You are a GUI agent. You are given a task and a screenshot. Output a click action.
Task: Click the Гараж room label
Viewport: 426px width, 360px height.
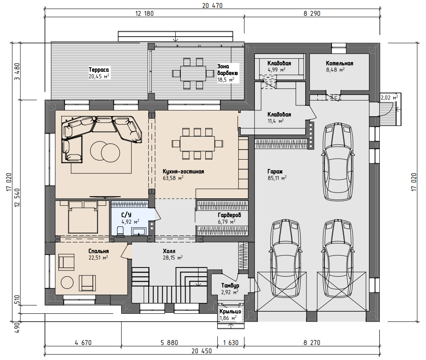[x=275, y=172]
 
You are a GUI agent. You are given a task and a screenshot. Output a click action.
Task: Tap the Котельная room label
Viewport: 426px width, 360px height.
[x=340, y=63]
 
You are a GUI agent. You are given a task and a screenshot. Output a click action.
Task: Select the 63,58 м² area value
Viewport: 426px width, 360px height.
[x=173, y=178]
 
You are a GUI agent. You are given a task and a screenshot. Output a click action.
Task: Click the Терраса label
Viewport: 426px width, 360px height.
[x=99, y=70]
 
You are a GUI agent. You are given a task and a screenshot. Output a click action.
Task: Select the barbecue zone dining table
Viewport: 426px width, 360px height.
[x=193, y=73]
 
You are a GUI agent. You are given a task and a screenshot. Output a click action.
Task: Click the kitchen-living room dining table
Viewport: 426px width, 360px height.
[x=197, y=143]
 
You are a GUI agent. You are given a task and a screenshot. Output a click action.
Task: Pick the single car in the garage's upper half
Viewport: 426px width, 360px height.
[x=338, y=161]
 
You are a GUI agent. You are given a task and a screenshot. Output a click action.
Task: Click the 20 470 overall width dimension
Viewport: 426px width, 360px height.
[x=212, y=5]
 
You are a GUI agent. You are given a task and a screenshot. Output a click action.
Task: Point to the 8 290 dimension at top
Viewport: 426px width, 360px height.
[x=312, y=13]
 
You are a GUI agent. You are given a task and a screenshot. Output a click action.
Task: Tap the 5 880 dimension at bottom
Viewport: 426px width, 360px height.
[x=169, y=342]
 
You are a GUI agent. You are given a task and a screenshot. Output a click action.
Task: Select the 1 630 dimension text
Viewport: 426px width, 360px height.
[x=231, y=342]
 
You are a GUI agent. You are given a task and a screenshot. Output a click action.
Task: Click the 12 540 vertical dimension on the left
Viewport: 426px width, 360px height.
[x=17, y=197]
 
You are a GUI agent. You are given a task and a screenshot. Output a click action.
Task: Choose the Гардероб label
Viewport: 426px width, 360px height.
[x=229, y=215]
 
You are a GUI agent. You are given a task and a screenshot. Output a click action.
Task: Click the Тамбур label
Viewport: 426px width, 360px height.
[x=230, y=285]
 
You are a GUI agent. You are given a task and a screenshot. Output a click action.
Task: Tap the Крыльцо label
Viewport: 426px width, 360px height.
[x=230, y=311]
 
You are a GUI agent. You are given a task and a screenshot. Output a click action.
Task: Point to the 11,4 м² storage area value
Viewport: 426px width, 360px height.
[x=276, y=121]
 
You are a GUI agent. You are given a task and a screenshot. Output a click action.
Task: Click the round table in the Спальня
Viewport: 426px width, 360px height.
[x=67, y=282]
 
